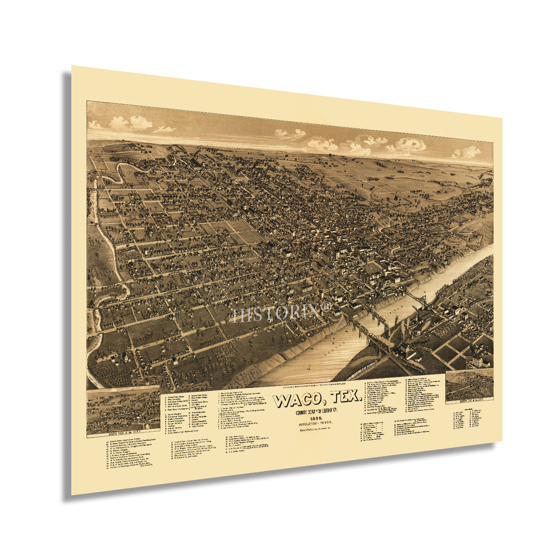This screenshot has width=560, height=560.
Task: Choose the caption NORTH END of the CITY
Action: [469, 401]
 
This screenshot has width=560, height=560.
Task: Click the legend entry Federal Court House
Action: [180, 397]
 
